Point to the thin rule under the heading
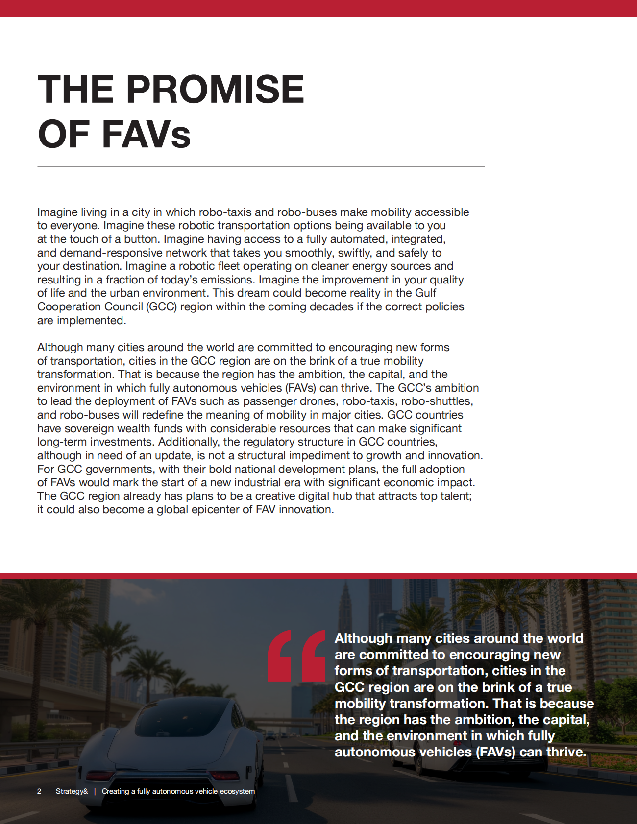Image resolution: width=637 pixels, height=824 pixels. click(261, 166)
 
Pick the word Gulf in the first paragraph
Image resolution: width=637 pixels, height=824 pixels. click(425, 293)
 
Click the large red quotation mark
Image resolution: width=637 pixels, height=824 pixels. click(296, 655)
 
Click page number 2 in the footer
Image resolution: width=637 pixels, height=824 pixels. click(39, 791)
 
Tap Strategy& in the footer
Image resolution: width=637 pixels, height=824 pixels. click(72, 791)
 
